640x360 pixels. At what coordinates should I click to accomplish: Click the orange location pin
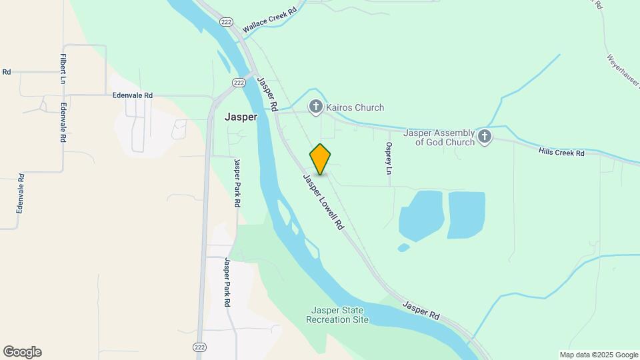[320, 159]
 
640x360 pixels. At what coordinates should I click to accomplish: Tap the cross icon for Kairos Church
[315, 107]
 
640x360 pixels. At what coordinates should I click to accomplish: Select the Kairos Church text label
[355, 107]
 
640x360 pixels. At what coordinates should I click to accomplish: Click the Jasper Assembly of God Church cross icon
[485, 137]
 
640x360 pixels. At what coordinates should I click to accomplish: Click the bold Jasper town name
[241, 117]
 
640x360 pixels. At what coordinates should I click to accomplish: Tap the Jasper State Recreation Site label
[337, 315]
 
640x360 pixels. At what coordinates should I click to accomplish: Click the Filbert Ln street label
[63, 69]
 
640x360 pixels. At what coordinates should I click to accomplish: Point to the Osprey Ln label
[389, 158]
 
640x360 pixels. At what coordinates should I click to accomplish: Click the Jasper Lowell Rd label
[323, 203]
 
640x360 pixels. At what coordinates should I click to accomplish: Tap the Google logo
[22, 352]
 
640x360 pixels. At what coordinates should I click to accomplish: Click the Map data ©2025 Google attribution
[599, 355]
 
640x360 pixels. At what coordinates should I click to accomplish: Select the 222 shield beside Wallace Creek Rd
[227, 22]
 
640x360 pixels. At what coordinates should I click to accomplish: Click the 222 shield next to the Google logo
[199, 347]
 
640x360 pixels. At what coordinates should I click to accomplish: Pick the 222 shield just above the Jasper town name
[239, 82]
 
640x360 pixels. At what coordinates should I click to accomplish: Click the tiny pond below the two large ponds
[403, 248]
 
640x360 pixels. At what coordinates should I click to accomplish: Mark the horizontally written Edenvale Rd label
[133, 95]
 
